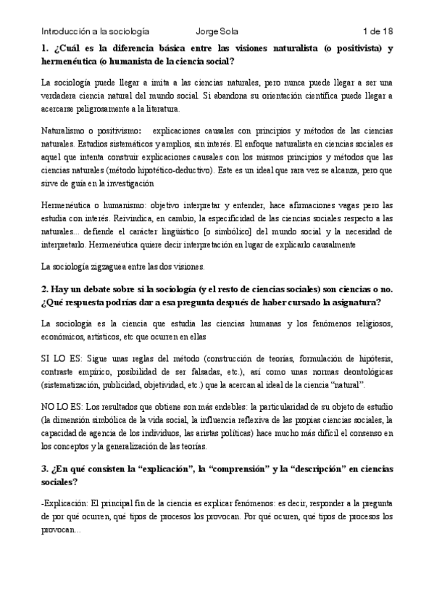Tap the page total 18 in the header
click(387, 31)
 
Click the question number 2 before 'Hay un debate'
click(43, 289)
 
